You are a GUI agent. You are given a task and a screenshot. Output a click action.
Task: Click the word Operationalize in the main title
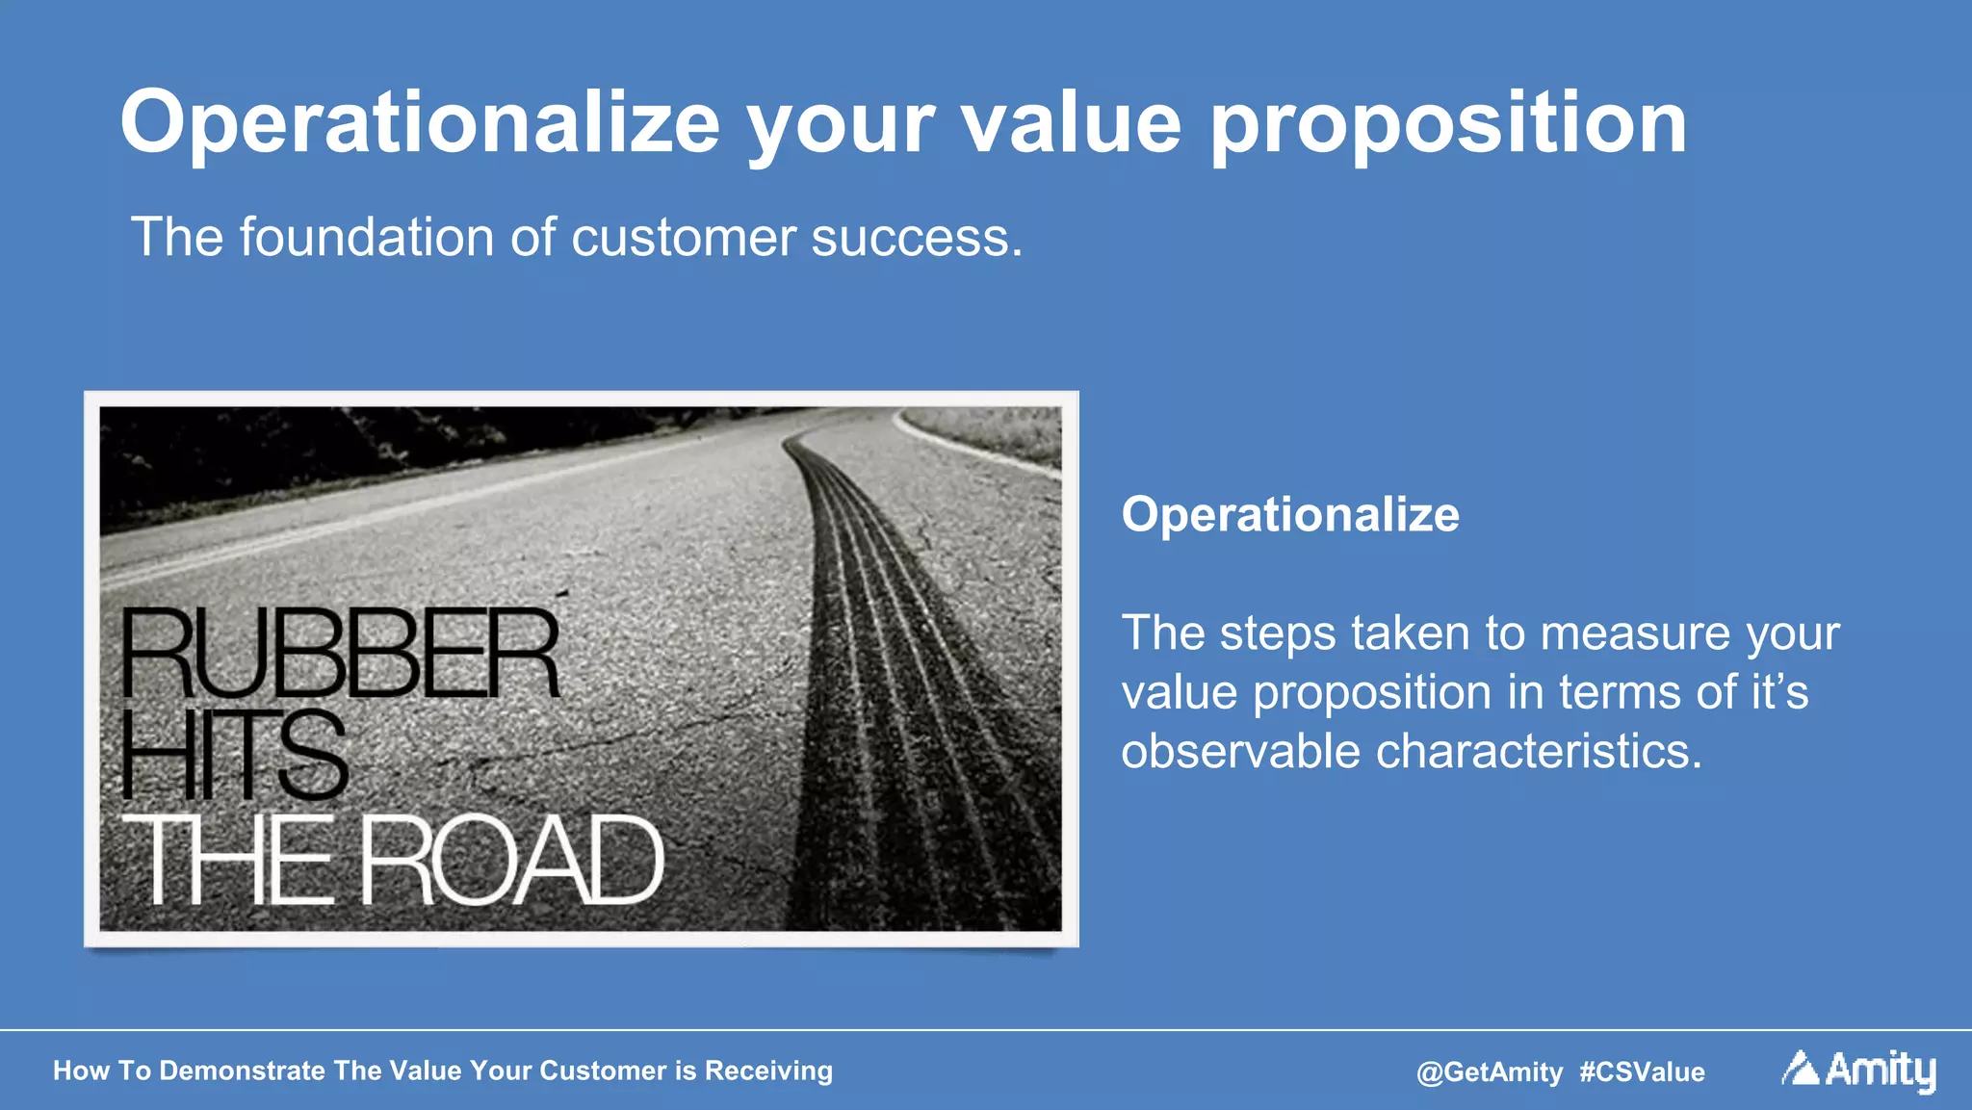click(x=420, y=123)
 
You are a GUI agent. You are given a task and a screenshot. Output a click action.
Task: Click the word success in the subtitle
click(x=915, y=238)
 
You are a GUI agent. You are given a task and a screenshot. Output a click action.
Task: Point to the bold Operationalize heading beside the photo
click(x=1290, y=514)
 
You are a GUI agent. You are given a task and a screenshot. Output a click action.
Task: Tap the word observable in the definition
click(x=1240, y=751)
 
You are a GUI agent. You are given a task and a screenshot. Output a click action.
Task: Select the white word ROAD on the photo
click(x=512, y=860)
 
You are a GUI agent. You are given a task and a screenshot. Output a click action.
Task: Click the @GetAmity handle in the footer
click(x=1489, y=1071)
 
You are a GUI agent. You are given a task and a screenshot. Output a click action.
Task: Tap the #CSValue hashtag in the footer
click(x=1642, y=1071)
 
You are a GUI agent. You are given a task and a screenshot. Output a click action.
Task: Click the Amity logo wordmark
click(x=1880, y=1070)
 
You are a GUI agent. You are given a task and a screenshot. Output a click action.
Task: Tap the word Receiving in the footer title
click(x=768, y=1071)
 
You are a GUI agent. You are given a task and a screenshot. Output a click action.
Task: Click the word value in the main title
click(x=1071, y=123)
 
